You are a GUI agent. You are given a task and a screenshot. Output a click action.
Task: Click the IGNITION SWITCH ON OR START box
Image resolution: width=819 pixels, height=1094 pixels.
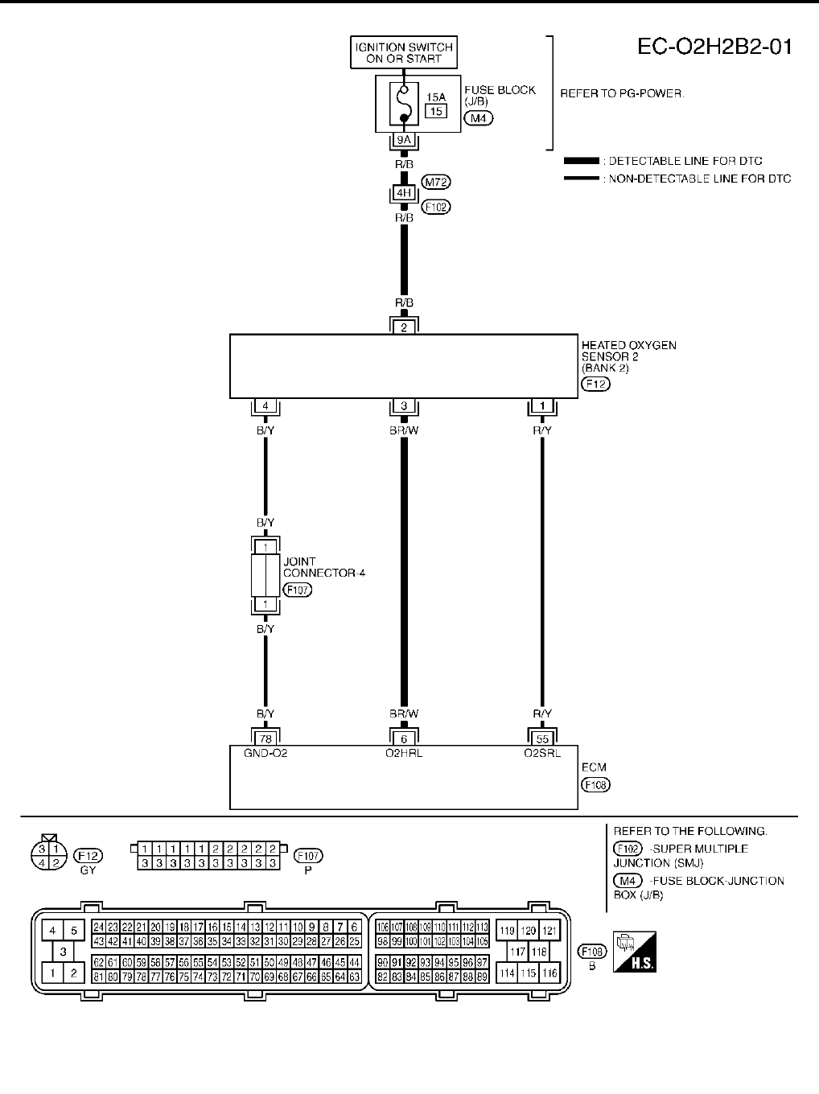pyautogui.click(x=404, y=53)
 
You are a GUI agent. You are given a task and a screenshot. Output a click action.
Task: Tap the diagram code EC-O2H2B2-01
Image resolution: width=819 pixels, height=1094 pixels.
pyautogui.click(x=714, y=47)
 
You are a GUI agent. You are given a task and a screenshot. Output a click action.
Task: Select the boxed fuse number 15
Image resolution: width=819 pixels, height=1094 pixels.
pyautogui.click(x=435, y=111)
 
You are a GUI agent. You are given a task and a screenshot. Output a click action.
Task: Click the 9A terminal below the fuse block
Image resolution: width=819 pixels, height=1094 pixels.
pyautogui.click(x=404, y=140)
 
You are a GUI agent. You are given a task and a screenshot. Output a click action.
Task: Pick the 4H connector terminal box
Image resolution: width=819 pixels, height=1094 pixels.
pyautogui.click(x=404, y=193)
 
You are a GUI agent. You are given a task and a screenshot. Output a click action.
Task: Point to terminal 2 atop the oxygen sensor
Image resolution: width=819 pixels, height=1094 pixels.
pyautogui.click(x=404, y=327)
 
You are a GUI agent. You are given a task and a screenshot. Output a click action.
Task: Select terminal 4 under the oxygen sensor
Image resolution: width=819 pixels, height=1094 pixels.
pyautogui.click(x=265, y=406)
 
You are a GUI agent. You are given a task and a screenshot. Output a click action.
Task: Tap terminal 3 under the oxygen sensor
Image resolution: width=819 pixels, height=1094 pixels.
pyautogui.click(x=404, y=406)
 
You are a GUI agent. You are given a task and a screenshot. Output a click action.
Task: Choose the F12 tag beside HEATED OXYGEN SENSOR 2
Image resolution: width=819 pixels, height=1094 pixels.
pyautogui.click(x=595, y=384)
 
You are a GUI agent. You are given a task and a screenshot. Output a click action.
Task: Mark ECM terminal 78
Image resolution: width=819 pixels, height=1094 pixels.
pyautogui.click(x=265, y=738)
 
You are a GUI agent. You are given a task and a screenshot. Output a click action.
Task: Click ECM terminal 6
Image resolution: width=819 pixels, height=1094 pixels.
pyautogui.click(x=404, y=738)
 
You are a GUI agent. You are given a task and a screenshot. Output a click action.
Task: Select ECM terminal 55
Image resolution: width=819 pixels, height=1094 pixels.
pyautogui.click(x=542, y=738)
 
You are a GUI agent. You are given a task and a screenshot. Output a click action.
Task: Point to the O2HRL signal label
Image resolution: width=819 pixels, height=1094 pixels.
pyautogui.click(x=404, y=754)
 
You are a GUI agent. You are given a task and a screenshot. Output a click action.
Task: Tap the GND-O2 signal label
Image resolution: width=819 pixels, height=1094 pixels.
pyautogui.click(x=265, y=754)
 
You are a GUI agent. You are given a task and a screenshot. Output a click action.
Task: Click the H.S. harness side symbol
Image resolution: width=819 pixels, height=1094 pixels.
pyautogui.click(x=633, y=952)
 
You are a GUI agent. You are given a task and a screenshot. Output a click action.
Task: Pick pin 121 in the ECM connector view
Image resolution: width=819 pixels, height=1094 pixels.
pyautogui.click(x=549, y=931)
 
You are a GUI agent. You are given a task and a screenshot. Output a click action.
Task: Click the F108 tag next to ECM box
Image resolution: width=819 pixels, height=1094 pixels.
pyautogui.click(x=595, y=784)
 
